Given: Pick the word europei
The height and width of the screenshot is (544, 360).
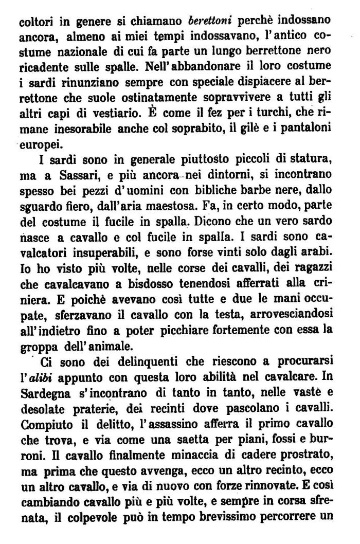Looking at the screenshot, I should coord(35,141).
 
